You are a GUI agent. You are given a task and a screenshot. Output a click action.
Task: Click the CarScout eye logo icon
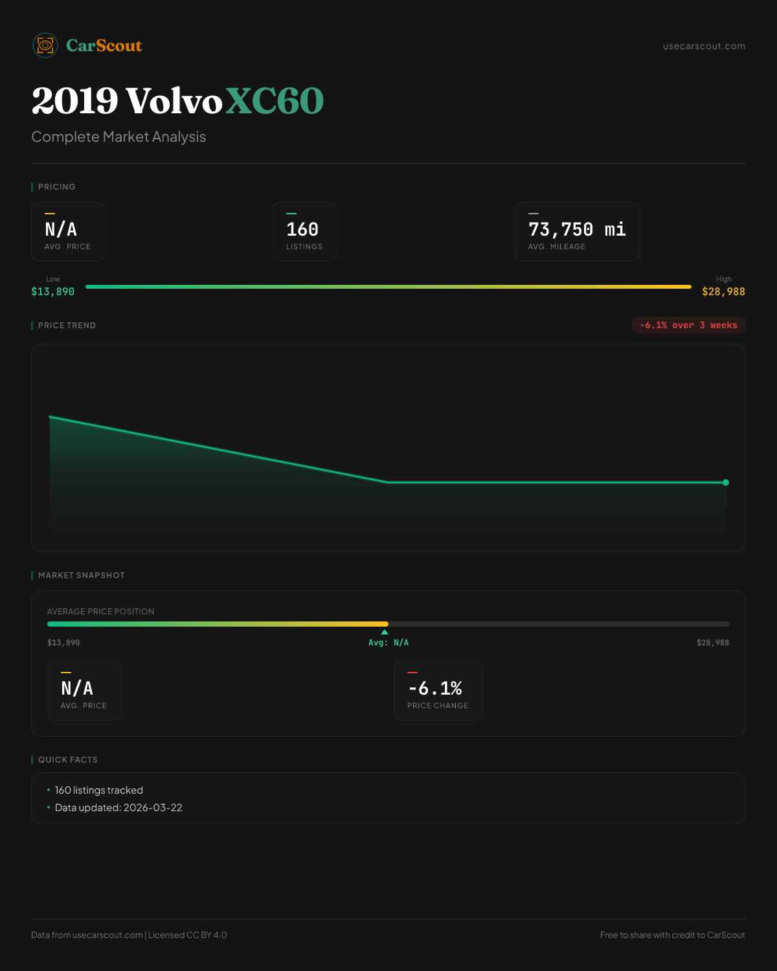(x=45, y=45)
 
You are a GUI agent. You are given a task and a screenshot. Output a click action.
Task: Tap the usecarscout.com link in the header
(x=704, y=46)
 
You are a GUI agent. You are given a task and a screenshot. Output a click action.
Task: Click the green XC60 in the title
(x=275, y=102)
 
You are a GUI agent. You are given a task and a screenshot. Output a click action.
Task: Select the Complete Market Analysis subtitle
(x=118, y=137)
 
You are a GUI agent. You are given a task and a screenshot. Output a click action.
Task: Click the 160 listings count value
(x=302, y=230)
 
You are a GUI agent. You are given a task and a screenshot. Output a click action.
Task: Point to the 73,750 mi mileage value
(x=577, y=230)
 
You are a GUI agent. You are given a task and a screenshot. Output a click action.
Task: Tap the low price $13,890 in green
(x=53, y=292)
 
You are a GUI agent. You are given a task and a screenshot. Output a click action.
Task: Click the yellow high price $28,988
(x=723, y=292)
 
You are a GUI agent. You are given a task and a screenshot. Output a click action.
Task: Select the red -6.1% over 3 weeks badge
(x=688, y=325)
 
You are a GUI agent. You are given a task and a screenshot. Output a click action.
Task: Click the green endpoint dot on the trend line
(x=726, y=482)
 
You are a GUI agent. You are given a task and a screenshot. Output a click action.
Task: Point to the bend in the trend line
(x=388, y=482)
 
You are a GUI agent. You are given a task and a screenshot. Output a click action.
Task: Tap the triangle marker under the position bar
(x=385, y=632)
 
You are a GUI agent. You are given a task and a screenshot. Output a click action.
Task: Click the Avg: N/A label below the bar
(x=388, y=643)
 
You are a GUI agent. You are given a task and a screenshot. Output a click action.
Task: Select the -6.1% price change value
(x=435, y=688)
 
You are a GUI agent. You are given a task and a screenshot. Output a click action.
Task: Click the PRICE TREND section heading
(x=67, y=326)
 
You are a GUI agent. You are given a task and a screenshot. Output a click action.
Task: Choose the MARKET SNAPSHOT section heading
(x=81, y=575)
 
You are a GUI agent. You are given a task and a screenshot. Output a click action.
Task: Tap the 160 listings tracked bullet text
(x=99, y=790)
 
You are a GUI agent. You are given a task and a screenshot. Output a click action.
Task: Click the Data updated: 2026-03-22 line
(x=118, y=808)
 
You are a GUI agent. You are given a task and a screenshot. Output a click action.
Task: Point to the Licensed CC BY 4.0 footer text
(x=188, y=935)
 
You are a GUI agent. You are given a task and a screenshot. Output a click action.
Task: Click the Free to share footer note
(x=672, y=935)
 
